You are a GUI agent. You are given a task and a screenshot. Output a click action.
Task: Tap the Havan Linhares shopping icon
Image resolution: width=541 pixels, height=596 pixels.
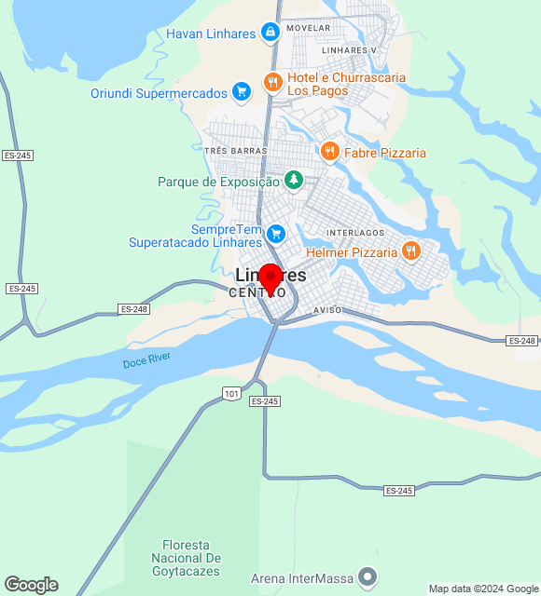tap(270, 34)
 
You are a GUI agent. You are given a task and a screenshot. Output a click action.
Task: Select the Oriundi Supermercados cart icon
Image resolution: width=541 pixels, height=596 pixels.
tap(242, 91)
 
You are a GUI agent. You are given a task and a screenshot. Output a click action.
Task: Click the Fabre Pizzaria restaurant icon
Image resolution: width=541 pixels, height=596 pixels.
tap(328, 151)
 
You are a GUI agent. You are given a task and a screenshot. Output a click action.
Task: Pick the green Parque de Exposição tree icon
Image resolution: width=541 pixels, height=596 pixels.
tap(294, 179)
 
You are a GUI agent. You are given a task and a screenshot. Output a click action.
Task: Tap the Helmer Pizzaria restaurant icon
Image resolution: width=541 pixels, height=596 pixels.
tap(410, 250)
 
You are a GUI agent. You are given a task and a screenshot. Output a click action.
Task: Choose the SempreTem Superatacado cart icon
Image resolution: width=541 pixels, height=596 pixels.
tap(275, 233)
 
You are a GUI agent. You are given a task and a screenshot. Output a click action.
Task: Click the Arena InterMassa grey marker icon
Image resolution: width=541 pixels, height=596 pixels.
tap(368, 577)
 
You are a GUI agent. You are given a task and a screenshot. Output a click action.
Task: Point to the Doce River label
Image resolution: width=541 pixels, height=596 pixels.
tap(146, 361)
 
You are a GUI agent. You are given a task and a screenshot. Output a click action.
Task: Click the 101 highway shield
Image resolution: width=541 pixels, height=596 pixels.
tap(232, 394)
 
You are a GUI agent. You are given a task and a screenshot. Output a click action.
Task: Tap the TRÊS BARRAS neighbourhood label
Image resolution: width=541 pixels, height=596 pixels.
tap(235, 151)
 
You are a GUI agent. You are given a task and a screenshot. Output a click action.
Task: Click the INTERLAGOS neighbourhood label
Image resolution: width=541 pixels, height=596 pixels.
tap(355, 232)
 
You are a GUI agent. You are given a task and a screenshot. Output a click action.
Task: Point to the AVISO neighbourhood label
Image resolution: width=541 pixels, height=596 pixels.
tap(327, 309)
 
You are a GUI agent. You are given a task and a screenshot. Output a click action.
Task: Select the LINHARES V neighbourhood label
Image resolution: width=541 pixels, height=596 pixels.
tap(348, 49)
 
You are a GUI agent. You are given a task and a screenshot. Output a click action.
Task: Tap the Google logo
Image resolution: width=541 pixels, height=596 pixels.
tap(31, 585)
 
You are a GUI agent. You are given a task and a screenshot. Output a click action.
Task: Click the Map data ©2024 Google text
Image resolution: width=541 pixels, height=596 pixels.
tap(483, 589)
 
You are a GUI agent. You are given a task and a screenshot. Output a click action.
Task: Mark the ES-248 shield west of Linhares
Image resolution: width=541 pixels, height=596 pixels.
tap(134, 308)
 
